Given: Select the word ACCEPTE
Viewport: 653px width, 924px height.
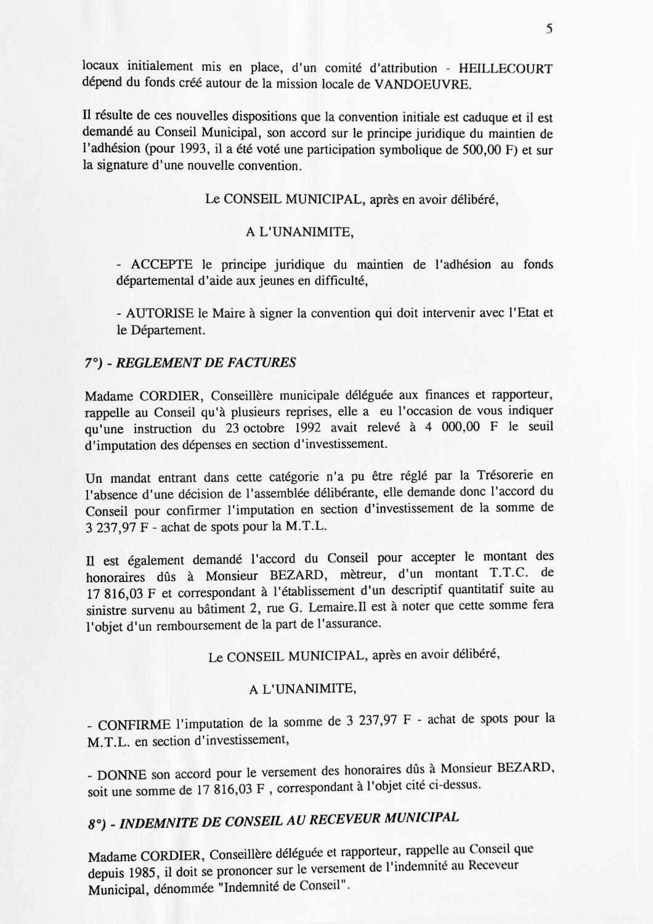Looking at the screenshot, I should [x=162, y=265].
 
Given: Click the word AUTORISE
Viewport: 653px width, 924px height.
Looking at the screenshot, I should [x=160, y=313].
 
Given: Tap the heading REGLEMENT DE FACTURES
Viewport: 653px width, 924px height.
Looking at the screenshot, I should [x=206, y=362].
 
